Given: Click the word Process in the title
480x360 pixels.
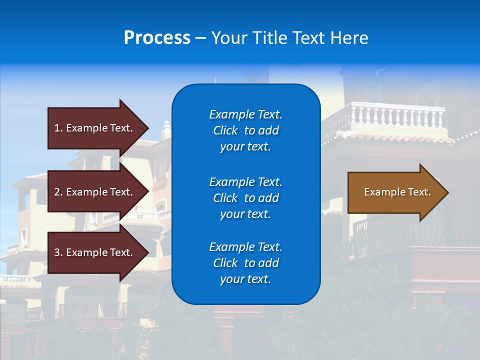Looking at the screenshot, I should [x=157, y=38].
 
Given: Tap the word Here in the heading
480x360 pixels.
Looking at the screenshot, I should [x=349, y=38].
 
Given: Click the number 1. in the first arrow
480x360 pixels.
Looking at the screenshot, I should [x=58, y=128].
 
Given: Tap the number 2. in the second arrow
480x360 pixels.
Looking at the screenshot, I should [x=58, y=192].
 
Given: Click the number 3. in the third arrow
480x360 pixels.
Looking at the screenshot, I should [x=58, y=252].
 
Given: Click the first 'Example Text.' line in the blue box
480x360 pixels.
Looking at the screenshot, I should [x=245, y=114].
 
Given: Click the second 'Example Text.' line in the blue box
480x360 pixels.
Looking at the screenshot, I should [x=245, y=181].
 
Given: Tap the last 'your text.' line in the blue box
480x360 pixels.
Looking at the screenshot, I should [x=245, y=279].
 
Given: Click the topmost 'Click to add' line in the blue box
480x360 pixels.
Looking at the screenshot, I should [x=245, y=130].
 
